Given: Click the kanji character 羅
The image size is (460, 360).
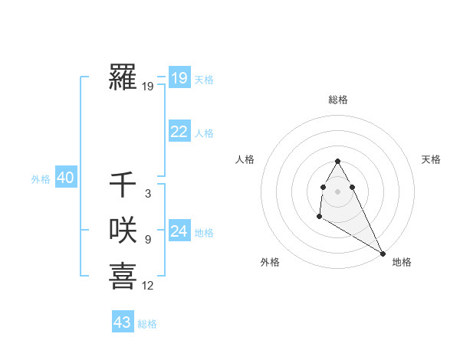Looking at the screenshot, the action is coord(123,78).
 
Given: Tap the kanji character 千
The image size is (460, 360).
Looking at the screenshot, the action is coord(123,185).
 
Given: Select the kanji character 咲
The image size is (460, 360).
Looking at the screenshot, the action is coord(123,230).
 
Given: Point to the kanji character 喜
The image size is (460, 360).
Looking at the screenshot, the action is coord(123,276).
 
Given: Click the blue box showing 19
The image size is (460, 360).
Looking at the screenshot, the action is coord(179,78).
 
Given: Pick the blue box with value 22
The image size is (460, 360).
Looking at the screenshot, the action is coord(179,132).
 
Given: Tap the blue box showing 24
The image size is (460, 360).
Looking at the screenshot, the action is coord(179,231).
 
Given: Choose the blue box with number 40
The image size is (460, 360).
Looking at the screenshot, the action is coord(65,178).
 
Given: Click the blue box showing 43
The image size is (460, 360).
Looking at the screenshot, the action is coord(122,322).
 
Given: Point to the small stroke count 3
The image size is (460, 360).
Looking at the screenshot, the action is coord(147,194).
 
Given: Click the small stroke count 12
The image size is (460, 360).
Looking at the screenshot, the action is coord(147,286).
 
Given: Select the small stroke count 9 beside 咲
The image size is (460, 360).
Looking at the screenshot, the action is coord(147,240).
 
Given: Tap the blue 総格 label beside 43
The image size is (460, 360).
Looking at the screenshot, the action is coord(147,324).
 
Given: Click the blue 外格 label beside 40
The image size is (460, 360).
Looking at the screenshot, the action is coord(41,179).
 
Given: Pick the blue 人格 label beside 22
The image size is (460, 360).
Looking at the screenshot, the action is coord(204,133).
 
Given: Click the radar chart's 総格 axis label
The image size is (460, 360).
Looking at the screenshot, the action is coord(338,100).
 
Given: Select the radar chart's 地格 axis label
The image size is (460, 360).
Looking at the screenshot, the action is coord(402,262).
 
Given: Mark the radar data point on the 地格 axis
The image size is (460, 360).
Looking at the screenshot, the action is coord(383,254).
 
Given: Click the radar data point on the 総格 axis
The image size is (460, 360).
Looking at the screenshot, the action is coord(337,162).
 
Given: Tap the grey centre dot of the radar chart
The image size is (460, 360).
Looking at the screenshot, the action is coord(337,191).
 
